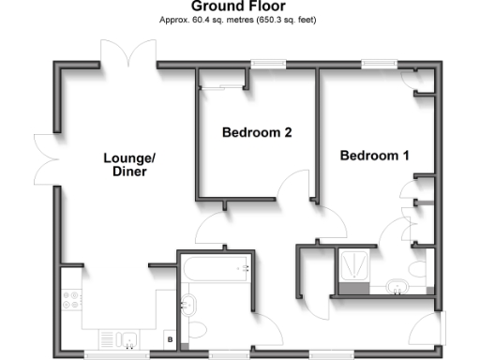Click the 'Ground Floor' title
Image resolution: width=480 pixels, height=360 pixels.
[x=239, y=7]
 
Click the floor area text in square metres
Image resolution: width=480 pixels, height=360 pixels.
[x=239, y=19]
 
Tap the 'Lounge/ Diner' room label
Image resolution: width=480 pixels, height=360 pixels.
[x=129, y=165]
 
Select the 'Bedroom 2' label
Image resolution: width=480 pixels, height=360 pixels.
[x=256, y=133]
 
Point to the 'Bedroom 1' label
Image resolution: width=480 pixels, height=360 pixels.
[x=374, y=156]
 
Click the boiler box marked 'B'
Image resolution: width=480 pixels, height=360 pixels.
[x=170, y=338]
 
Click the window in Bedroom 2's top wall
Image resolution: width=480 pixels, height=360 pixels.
[x=268, y=64]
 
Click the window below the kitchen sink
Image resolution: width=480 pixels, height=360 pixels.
[x=117, y=353]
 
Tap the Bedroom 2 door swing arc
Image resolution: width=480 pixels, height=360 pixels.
[x=296, y=186]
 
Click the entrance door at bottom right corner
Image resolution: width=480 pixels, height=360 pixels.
[x=429, y=330]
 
